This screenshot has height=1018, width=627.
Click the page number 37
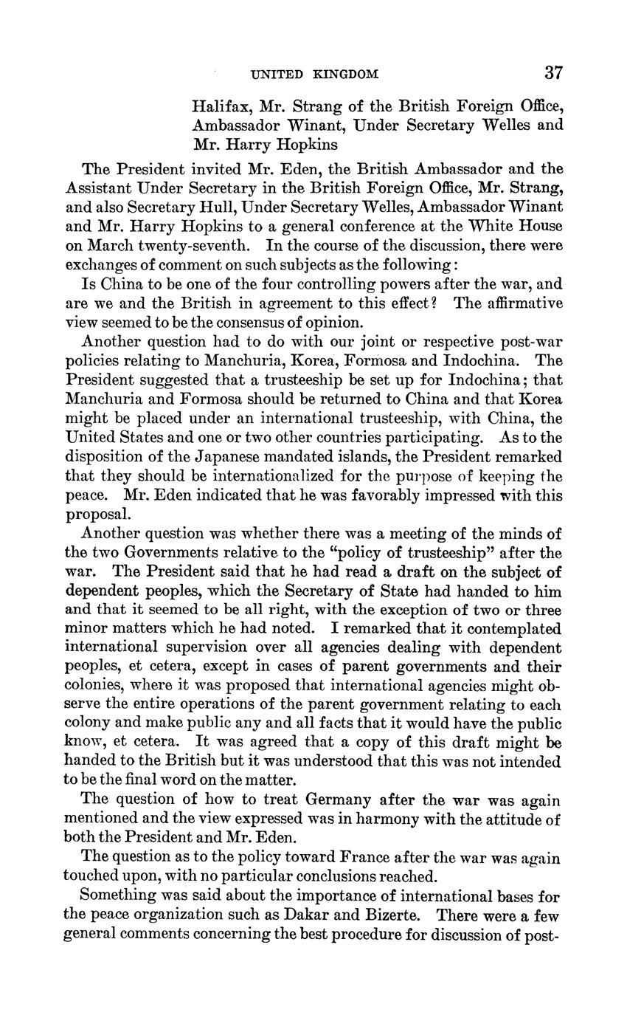(x=553, y=72)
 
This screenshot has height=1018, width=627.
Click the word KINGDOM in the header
(x=346, y=74)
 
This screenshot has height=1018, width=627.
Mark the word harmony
(x=387, y=819)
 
